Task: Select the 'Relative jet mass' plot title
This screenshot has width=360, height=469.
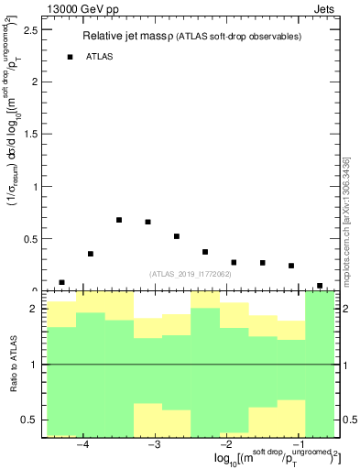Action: (126, 37)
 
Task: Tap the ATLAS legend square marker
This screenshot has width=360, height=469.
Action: (70, 57)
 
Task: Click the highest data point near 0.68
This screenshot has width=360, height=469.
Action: (119, 220)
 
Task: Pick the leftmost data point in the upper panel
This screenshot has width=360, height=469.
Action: (61, 283)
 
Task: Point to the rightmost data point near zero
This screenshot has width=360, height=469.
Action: (320, 286)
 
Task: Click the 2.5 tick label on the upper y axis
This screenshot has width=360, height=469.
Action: (29, 29)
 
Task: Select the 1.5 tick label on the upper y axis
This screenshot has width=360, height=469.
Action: (29, 135)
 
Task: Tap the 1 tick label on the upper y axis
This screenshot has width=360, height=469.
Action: (34, 187)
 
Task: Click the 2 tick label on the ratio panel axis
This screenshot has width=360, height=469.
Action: (34, 310)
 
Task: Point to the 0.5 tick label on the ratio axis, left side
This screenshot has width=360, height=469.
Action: (29, 420)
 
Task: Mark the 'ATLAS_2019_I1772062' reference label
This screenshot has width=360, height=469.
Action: (191, 274)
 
